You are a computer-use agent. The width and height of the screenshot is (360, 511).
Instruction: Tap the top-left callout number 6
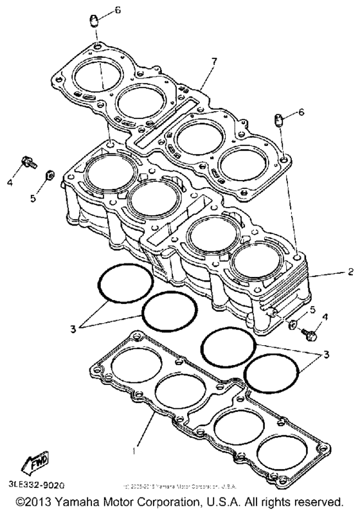point(118,10)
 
